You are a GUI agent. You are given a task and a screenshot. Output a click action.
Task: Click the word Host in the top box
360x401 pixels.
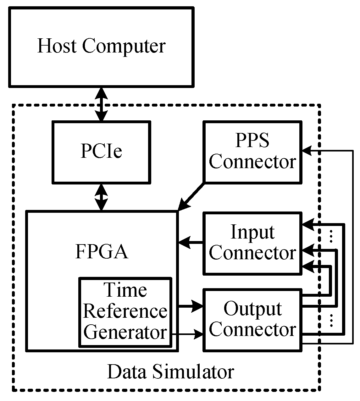pyautogui.click(x=57, y=46)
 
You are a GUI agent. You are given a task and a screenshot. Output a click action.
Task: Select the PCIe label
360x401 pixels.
pyautogui.click(x=101, y=151)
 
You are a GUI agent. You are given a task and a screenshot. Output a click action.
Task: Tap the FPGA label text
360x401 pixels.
pyautogui.click(x=102, y=251)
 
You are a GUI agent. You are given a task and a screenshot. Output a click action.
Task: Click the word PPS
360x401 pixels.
pyautogui.click(x=252, y=140)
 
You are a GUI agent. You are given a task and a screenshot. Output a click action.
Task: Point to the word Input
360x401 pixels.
pyautogui.click(x=252, y=232)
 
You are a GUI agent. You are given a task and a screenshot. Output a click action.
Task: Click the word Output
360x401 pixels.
pyautogui.click(x=252, y=309)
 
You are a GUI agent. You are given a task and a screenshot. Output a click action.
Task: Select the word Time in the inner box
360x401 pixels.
pyautogui.click(x=125, y=290)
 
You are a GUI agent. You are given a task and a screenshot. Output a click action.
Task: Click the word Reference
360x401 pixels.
pyautogui.click(x=125, y=311)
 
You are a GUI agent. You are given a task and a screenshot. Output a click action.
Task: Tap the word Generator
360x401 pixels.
pyautogui.click(x=125, y=332)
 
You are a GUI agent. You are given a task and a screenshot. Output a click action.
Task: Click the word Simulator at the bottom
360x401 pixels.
pyautogui.click(x=193, y=372)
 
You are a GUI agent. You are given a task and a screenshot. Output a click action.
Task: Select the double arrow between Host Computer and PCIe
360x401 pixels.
pyautogui.click(x=101, y=104)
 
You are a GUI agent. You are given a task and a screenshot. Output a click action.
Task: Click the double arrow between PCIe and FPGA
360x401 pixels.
pyautogui.click(x=101, y=197)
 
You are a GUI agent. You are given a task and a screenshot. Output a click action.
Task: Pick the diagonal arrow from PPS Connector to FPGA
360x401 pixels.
pyautogui.click(x=191, y=196)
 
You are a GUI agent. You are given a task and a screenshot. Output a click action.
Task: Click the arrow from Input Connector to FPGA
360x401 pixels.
pyautogui.click(x=191, y=242)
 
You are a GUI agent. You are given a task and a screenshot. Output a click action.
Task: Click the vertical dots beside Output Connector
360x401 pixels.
pyautogui.click(x=330, y=320)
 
